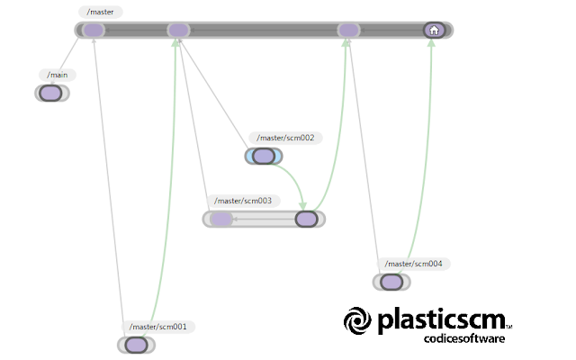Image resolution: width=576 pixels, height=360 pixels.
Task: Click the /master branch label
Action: [x=100, y=12]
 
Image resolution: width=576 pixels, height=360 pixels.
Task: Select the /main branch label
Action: [x=58, y=75]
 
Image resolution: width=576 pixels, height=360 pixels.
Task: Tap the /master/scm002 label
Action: [x=285, y=138]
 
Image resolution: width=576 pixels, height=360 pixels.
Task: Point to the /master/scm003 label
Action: [x=243, y=201]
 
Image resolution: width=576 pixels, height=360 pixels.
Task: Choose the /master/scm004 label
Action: [x=413, y=264]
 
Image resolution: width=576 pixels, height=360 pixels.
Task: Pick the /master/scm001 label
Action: [x=158, y=327]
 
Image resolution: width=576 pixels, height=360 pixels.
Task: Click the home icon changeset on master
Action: [x=434, y=30]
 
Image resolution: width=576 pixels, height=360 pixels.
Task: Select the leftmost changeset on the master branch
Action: [x=94, y=30]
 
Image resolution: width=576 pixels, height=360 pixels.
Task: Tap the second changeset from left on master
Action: [x=178, y=30]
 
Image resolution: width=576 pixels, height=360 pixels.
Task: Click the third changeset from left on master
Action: [x=348, y=30]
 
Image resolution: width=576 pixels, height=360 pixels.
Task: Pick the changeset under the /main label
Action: [x=50, y=93]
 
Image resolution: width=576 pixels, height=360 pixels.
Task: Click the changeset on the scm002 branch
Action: [x=264, y=156]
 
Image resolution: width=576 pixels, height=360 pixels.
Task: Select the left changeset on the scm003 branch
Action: [x=221, y=220]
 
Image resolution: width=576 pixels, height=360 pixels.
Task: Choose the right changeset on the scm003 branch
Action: [x=306, y=220]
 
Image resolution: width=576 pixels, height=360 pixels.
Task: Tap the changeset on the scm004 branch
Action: [x=391, y=282]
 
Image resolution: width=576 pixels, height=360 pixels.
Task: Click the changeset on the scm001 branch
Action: [x=136, y=346]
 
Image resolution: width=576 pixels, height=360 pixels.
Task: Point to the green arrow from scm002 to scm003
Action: [x=294, y=177]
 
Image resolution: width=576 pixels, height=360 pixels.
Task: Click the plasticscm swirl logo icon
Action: [x=357, y=320]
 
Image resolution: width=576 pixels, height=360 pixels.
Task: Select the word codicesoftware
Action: [x=464, y=338]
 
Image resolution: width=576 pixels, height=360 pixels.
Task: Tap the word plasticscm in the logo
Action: [x=442, y=320]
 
